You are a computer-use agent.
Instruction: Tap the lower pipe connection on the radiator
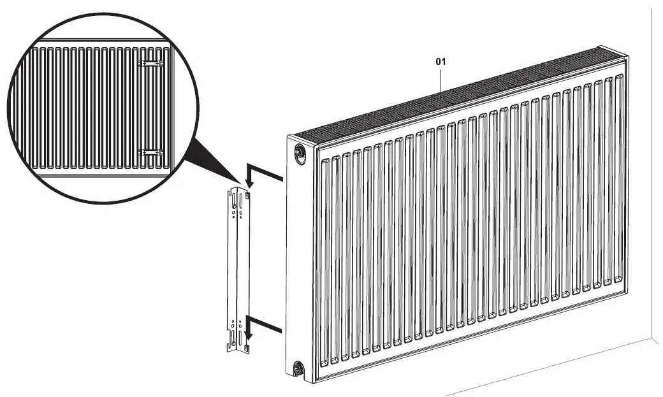pyautogui.click(x=297, y=368)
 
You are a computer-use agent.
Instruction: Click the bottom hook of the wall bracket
pyautogui.click(x=247, y=347)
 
